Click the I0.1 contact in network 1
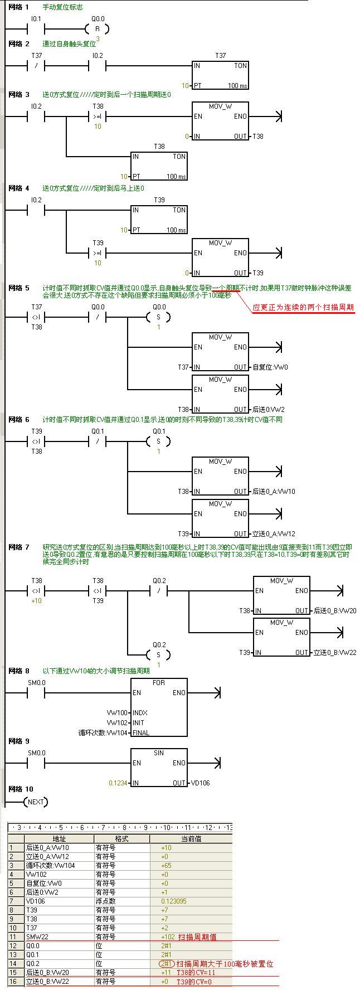[36, 29]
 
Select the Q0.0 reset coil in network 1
[98, 29]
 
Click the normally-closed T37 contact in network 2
[36, 66]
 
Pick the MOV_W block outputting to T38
[220, 121]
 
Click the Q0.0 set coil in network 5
[158, 317]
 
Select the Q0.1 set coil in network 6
[158, 441]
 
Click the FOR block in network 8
[159, 707]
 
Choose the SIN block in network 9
[159, 767]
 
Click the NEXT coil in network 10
[36, 802]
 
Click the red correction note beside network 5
[303, 307]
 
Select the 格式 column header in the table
[121, 839]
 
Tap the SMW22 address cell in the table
[38, 937]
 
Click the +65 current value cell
[166, 866]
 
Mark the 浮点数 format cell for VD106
[105, 901]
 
